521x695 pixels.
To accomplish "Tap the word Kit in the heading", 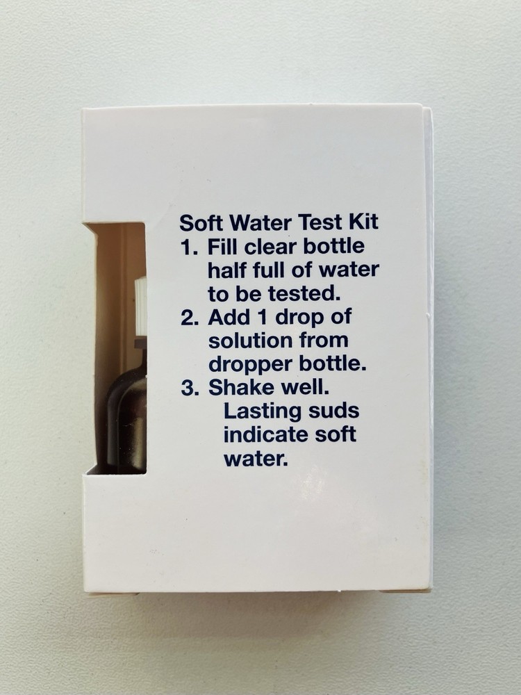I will pyautogui.click(x=363, y=224).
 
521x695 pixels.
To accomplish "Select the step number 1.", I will pyautogui.click(x=187, y=247).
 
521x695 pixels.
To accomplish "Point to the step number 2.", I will pyautogui.click(x=188, y=318).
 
